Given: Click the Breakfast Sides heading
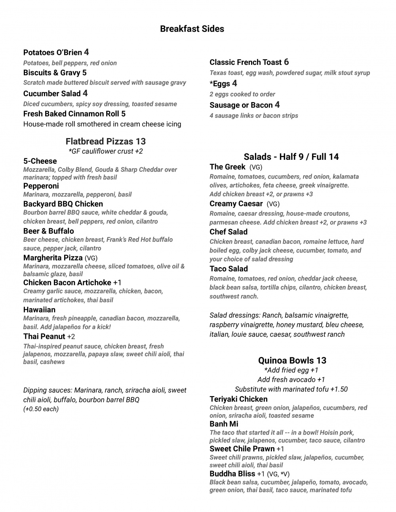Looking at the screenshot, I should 192,29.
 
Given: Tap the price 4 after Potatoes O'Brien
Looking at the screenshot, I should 86,52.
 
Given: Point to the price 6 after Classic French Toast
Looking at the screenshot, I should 286,62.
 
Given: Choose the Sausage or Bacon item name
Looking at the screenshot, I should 241,105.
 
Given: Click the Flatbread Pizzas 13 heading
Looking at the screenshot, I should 106,141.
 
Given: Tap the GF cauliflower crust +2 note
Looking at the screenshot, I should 106,151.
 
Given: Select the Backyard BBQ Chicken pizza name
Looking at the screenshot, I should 63,204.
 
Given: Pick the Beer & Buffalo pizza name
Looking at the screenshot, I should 49,231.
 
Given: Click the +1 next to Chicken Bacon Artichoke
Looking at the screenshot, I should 117,283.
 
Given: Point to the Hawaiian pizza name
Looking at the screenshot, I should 39,310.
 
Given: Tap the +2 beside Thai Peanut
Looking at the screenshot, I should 71,337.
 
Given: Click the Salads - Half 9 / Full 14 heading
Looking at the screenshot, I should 291,157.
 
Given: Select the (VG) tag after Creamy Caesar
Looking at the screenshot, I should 273,204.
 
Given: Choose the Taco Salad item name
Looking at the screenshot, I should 228,269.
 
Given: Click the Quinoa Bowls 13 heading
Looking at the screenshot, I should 292,360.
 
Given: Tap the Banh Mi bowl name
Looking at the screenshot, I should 224,424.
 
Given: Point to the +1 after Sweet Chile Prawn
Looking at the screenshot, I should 280,449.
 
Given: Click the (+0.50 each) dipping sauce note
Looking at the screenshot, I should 41,409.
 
